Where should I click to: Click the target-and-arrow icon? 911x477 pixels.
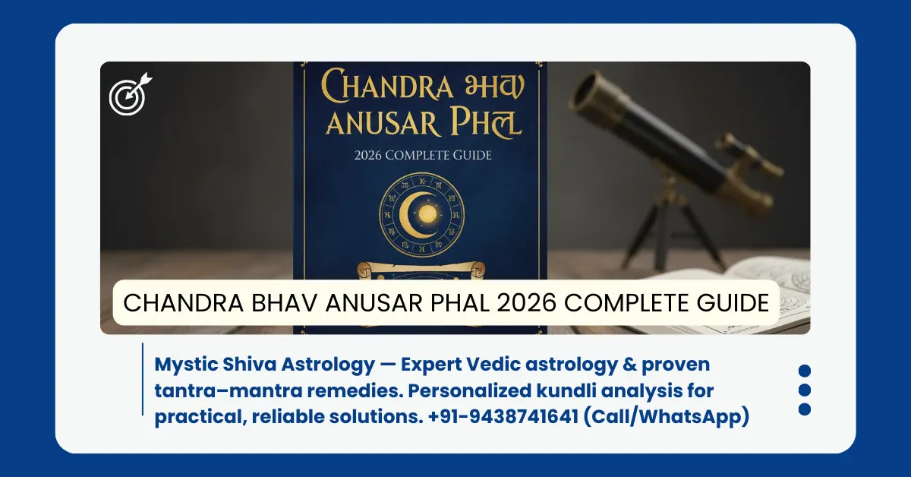pyautogui.click(x=129, y=94)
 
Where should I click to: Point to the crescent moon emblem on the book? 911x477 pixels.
pyautogui.click(x=417, y=212)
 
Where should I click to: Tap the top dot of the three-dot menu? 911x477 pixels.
pyautogui.click(x=805, y=371)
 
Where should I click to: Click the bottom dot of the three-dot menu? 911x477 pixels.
pyautogui.click(x=805, y=409)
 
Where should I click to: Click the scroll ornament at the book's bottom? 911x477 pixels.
pyautogui.click(x=420, y=269)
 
